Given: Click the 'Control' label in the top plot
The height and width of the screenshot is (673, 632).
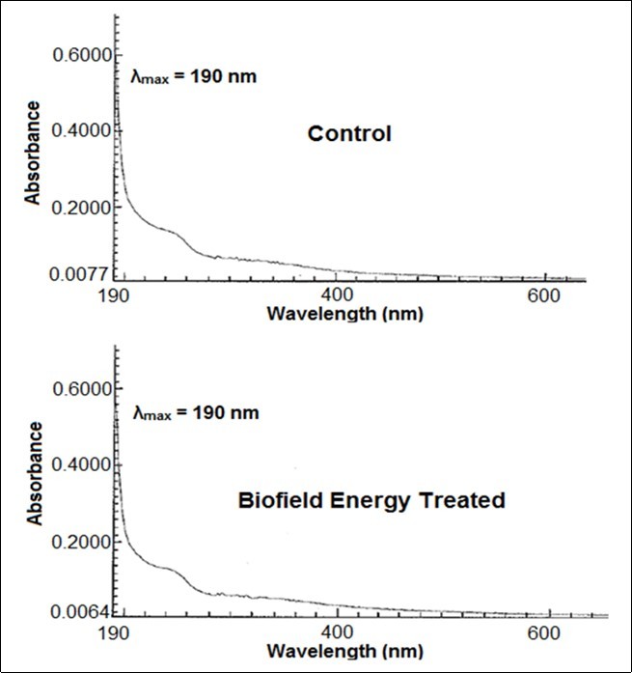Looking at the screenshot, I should point(349,134).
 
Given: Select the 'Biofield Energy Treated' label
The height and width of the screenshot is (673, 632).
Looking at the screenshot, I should point(371,501).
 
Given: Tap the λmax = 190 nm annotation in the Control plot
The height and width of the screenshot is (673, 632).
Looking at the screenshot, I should point(193,75).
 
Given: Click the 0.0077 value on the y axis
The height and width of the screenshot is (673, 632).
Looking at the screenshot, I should point(78,275).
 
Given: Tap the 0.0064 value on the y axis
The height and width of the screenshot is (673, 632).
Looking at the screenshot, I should point(78,612).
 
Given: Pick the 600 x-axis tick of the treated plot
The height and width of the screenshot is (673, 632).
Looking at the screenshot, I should point(545,632).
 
